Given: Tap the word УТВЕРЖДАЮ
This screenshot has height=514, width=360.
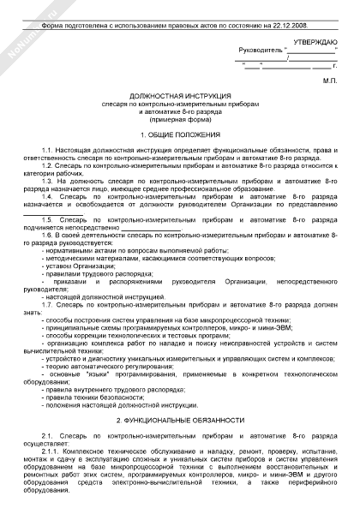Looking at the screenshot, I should (x=308, y=42).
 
